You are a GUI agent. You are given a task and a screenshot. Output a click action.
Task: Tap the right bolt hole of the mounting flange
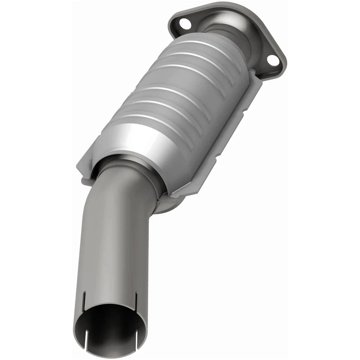click(273, 61)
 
